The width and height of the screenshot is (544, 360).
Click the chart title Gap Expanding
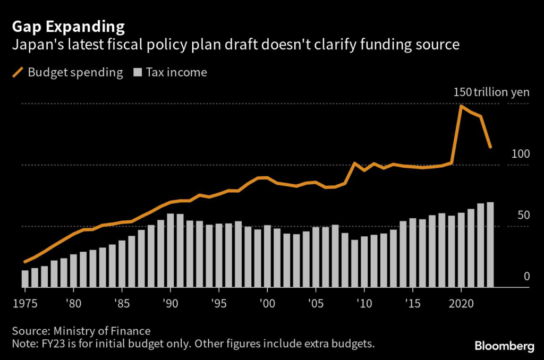pyautogui.click(x=69, y=27)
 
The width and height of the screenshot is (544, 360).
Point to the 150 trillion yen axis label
pyautogui.click(x=491, y=92)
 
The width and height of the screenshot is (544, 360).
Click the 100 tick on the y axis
pyautogui.click(x=521, y=154)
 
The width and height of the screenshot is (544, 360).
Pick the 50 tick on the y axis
pyautogui.click(x=523, y=215)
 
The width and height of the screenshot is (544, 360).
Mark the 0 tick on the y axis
pyautogui.click(x=526, y=276)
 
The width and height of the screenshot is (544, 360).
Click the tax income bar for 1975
pyautogui.click(x=25, y=279)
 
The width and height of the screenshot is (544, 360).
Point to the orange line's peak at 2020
pyautogui.click(x=461, y=106)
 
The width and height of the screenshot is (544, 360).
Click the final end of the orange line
pyautogui.click(x=490, y=147)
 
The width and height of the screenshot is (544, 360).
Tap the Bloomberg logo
pyautogui.click(x=504, y=346)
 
